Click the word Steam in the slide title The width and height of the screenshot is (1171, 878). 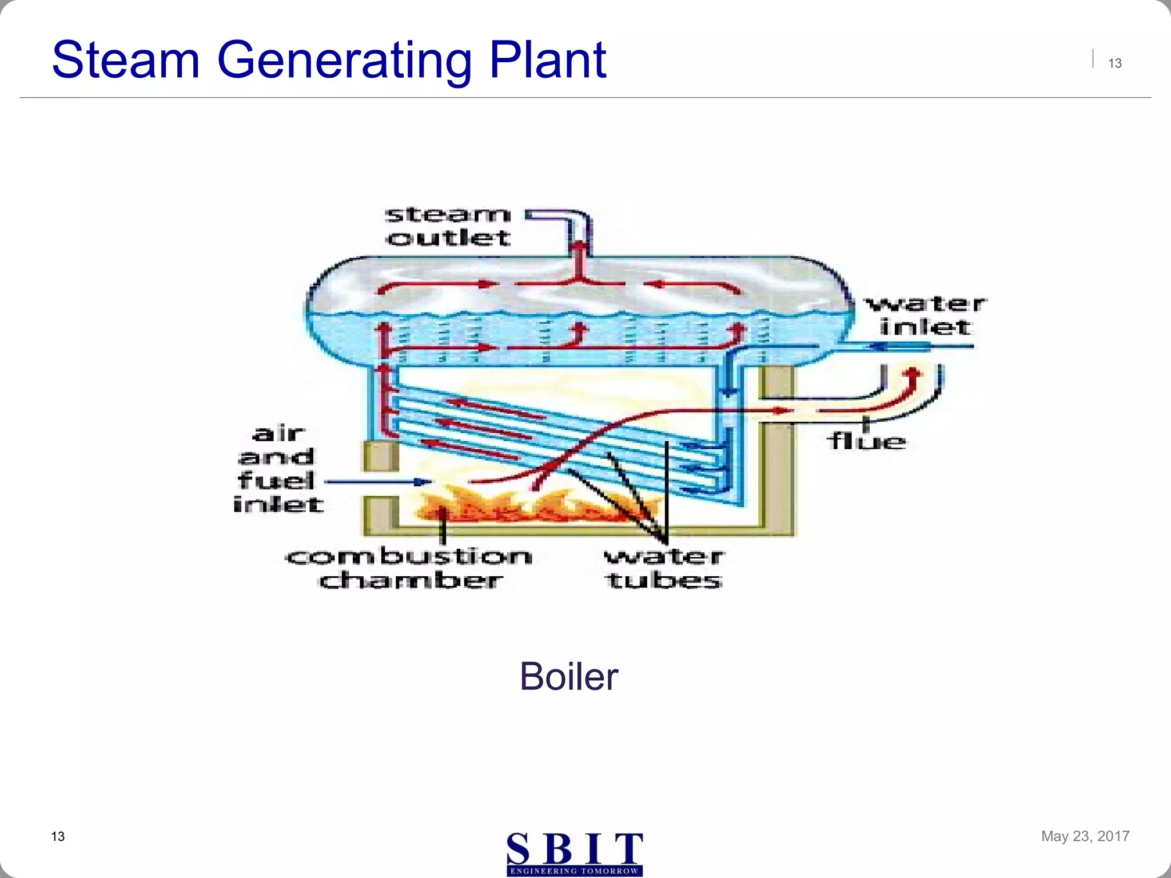tap(126, 59)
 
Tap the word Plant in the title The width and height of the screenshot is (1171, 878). tap(547, 59)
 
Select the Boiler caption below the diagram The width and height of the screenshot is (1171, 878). tap(568, 677)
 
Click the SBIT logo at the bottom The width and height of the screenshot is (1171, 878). tap(575, 853)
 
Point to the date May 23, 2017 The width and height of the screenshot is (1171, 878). tap(1085, 836)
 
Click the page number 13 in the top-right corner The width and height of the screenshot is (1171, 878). tap(1114, 63)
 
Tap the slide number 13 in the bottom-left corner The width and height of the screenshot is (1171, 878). tap(58, 837)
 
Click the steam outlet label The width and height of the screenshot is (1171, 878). tap(448, 226)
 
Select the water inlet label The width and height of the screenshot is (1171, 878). tap(925, 316)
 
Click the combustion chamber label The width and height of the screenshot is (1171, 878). tap(409, 568)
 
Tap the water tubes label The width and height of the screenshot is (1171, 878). tap(664, 568)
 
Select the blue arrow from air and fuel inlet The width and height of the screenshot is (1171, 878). tap(377, 482)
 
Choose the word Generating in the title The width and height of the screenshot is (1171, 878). tap(344, 59)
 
